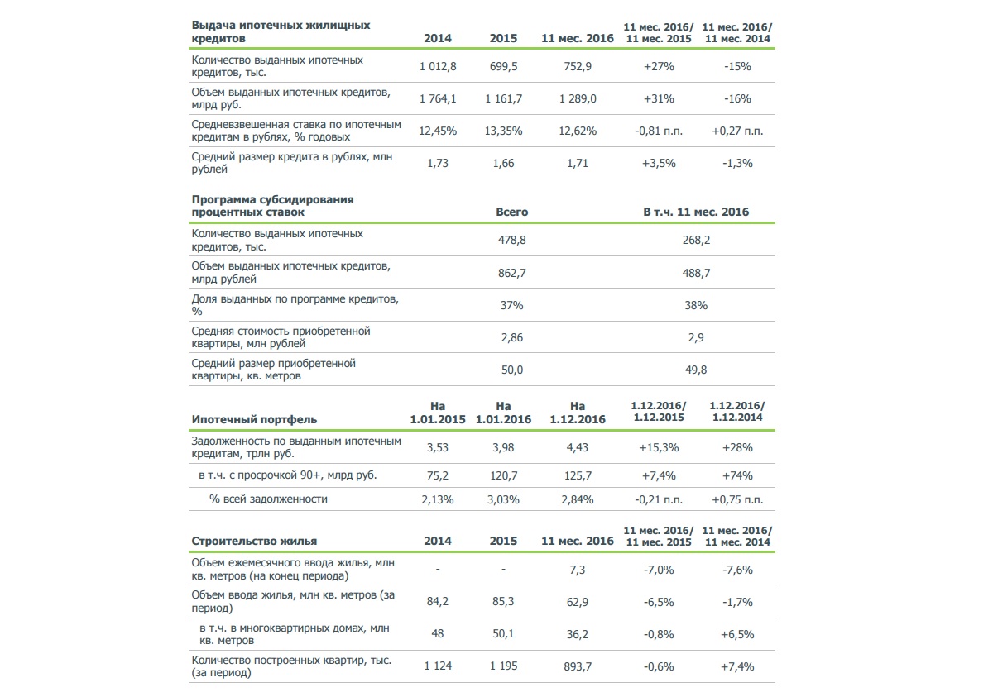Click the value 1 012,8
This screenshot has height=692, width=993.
pyautogui.click(x=438, y=66)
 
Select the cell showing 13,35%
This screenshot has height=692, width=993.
pyautogui.click(x=503, y=131)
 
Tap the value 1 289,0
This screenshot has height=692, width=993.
pyautogui.click(x=578, y=98)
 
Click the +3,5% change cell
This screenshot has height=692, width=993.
pyautogui.click(x=659, y=164)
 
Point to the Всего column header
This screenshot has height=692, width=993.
pyautogui.click(x=512, y=212)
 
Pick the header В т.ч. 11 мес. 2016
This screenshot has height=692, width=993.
pyautogui.click(x=696, y=212)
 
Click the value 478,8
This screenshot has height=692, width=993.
pyautogui.click(x=512, y=240)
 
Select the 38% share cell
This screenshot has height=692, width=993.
pyautogui.click(x=696, y=305)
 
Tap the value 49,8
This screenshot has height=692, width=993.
pyautogui.click(x=696, y=370)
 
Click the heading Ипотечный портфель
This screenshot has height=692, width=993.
pyautogui.click(x=254, y=419)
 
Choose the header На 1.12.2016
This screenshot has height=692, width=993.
pyautogui.click(x=578, y=413)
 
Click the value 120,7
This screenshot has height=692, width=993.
pyautogui.click(x=503, y=476)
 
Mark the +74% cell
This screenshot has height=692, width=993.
pyautogui.click(x=737, y=476)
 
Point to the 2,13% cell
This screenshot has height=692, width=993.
pyautogui.click(x=438, y=499)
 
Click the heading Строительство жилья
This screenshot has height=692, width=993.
pyautogui.click(x=254, y=541)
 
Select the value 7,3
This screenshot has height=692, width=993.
pyautogui.click(x=578, y=570)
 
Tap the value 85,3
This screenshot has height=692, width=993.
pyautogui.click(x=503, y=602)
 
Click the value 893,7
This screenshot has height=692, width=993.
pyautogui.click(x=578, y=666)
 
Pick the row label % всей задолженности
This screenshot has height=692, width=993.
pyautogui.click(x=268, y=499)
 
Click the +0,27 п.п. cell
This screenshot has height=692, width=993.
pyautogui.click(x=737, y=131)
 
